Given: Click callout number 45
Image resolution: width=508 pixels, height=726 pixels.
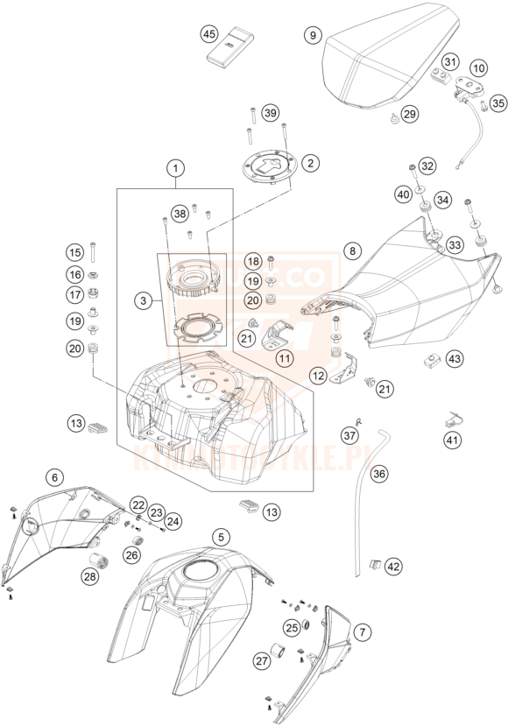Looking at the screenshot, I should click(x=208, y=34).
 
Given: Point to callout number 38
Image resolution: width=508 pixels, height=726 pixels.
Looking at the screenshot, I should click(x=180, y=213).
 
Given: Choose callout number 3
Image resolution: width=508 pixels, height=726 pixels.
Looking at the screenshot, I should click(x=143, y=300).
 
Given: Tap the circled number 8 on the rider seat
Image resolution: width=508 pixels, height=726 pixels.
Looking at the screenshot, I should click(x=353, y=250).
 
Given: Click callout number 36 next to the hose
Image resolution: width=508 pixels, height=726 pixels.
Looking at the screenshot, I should click(x=378, y=474).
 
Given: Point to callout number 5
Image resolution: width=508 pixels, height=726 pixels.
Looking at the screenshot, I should click(x=222, y=536).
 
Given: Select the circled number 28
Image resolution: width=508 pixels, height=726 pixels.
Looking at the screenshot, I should click(x=90, y=575).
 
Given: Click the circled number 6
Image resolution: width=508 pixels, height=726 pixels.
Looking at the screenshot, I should click(x=55, y=477).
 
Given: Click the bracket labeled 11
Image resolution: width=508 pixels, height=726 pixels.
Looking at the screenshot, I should click(x=279, y=334).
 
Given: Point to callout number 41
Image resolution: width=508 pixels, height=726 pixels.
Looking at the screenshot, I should click(x=452, y=441).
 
